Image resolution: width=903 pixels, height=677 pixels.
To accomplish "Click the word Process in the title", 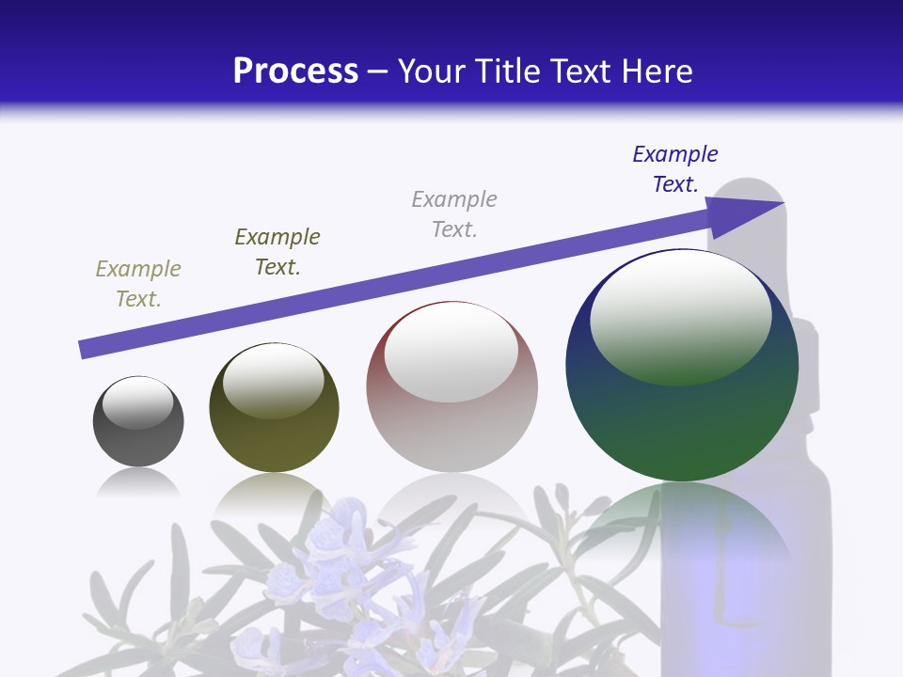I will [x=295, y=71].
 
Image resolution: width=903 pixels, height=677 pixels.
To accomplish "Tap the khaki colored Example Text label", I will [x=138, y=284].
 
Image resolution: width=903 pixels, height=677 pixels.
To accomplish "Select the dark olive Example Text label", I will [x=277, y=252].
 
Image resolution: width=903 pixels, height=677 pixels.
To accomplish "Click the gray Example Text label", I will [x=454, y=214].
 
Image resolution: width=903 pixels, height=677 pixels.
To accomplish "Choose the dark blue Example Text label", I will [x=675, y=169].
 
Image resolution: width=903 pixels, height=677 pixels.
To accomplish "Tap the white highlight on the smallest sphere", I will [x=137, y=402].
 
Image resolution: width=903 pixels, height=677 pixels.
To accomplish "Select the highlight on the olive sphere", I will [x=274, y=380].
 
